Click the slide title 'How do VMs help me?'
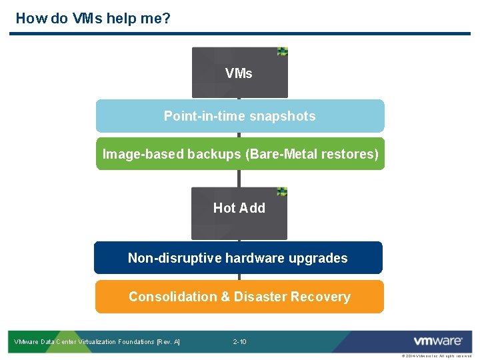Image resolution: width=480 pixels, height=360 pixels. click(x=93, y=18)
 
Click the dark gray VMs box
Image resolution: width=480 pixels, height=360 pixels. click(x=239, y=73)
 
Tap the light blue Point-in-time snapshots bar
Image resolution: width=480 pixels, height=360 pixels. click(x=240, y=116)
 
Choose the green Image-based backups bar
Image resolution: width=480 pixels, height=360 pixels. click(x=240, y=154)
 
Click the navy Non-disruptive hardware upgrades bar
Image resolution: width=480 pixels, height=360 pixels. click(x=238, y=258)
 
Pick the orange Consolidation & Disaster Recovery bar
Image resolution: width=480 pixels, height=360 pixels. click(x=239, y=297)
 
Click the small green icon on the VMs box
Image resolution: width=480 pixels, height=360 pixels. click(x=283, y=51)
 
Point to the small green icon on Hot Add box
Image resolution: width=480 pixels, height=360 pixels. click(x=282, y=191)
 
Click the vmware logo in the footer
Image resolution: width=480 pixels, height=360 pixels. click(x=437, y=341)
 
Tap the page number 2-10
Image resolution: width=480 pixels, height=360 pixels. click(x=239, y=342)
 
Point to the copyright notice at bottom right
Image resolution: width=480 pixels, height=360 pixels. click(x=436, y=356)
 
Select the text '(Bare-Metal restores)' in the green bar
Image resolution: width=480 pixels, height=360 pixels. click(x=312, y=155)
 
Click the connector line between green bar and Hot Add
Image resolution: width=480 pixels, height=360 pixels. click(x=239, y=178)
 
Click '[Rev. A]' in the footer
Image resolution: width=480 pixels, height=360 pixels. click(x=167, y=342)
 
